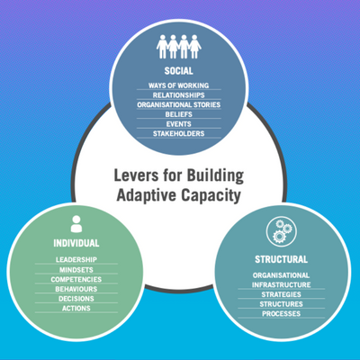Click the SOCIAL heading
coord(179,71)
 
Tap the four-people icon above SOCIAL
coord(179,47)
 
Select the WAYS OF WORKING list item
coord(179,85)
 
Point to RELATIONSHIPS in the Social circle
coord(179,95)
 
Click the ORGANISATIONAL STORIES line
coord(179,104)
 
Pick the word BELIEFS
coord(179,114)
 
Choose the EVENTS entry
coord(179,124)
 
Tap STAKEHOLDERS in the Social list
coord(179,133)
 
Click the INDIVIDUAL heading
coord(76,243)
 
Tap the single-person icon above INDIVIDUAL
coord(76,224)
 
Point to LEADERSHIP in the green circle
coord(76,259)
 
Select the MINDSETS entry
coord(76,270)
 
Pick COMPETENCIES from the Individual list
coord(76,279)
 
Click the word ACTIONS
coord(76,308)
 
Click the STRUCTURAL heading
coord(281,259)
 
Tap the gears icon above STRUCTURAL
coord(282,232)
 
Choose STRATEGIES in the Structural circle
coord(281,294)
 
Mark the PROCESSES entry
coord(281,313)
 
